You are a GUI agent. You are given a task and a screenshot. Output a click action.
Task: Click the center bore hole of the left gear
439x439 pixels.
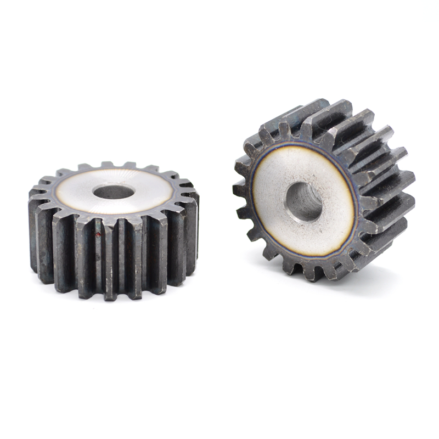coord(114,192)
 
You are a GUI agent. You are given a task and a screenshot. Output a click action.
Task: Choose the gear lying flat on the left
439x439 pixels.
coord(112,230)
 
